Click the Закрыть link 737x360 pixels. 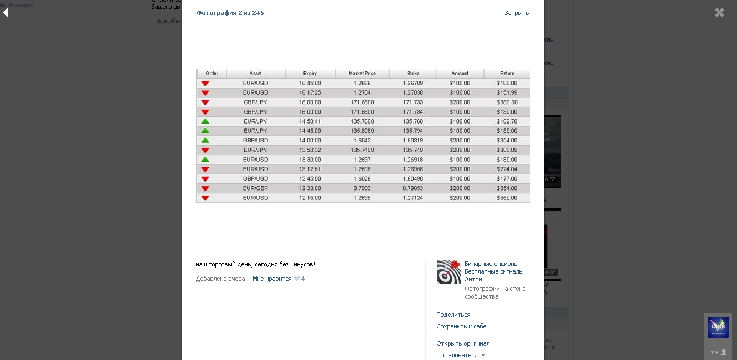point(516,13)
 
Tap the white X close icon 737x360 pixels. point(719,12)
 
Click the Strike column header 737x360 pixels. point(413,74)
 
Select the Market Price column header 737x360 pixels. point(362,74)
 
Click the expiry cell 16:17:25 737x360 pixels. point(310,92)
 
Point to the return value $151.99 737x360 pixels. point(507,92)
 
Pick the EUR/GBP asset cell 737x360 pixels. point(255,188)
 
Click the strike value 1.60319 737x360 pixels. point(413,141)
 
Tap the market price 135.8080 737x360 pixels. point(362,131)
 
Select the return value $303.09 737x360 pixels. point(507,150)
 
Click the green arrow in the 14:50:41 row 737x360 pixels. point(205,121)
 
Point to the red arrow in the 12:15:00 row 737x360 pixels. point(205,198)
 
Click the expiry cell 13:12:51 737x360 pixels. point(310,169)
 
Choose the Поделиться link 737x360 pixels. point(453,315)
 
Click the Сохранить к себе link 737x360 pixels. point(461,326)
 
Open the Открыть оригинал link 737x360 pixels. point(463,343)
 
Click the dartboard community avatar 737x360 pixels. point(449,271)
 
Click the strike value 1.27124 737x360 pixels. point(413,198)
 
